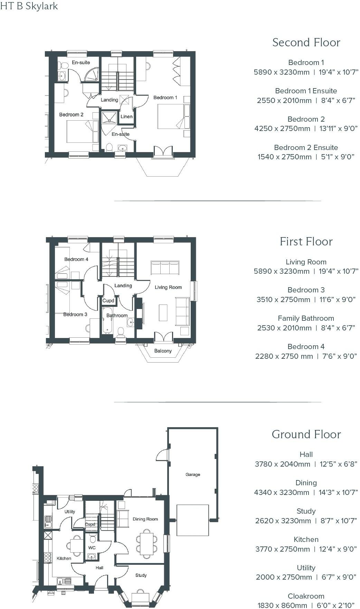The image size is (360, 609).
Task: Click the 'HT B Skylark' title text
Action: click(29, 6)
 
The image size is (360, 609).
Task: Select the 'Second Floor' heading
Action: click(306, 42)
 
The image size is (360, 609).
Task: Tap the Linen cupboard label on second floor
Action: click(126, 116)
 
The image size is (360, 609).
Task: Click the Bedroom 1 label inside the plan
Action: click(165, 97)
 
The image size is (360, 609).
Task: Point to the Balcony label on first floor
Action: click(163, 351)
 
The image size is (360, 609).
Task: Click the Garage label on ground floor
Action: click(193, 475)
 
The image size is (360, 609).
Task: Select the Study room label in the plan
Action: click(141, 575)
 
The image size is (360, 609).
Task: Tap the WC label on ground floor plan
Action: click(92, 547)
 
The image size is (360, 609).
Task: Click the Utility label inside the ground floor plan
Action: click(70, 512)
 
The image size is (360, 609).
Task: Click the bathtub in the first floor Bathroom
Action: click(107, 320)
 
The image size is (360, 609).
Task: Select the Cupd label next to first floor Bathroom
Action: click(108, 300)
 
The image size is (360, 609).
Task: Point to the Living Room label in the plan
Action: click(168, 287)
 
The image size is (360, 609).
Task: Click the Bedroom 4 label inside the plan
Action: click(76, 259)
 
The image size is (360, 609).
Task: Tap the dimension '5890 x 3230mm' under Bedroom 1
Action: click(282, 72)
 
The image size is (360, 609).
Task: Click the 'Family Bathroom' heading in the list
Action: click(306, 318)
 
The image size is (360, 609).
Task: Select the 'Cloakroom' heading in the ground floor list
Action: click(306, 596)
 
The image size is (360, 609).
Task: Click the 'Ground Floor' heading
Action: click(306, 434)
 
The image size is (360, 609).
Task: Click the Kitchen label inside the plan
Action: click(64, 558)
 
